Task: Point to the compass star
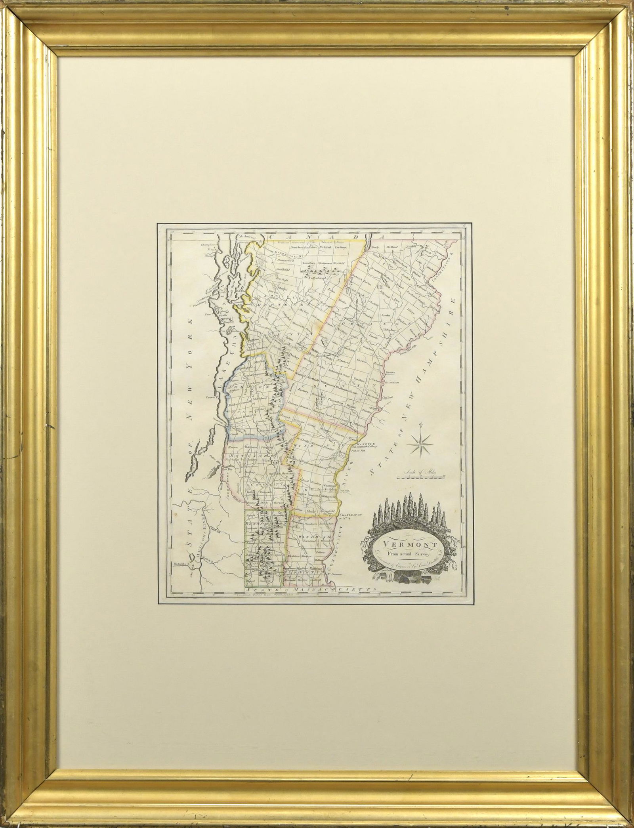422,443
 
